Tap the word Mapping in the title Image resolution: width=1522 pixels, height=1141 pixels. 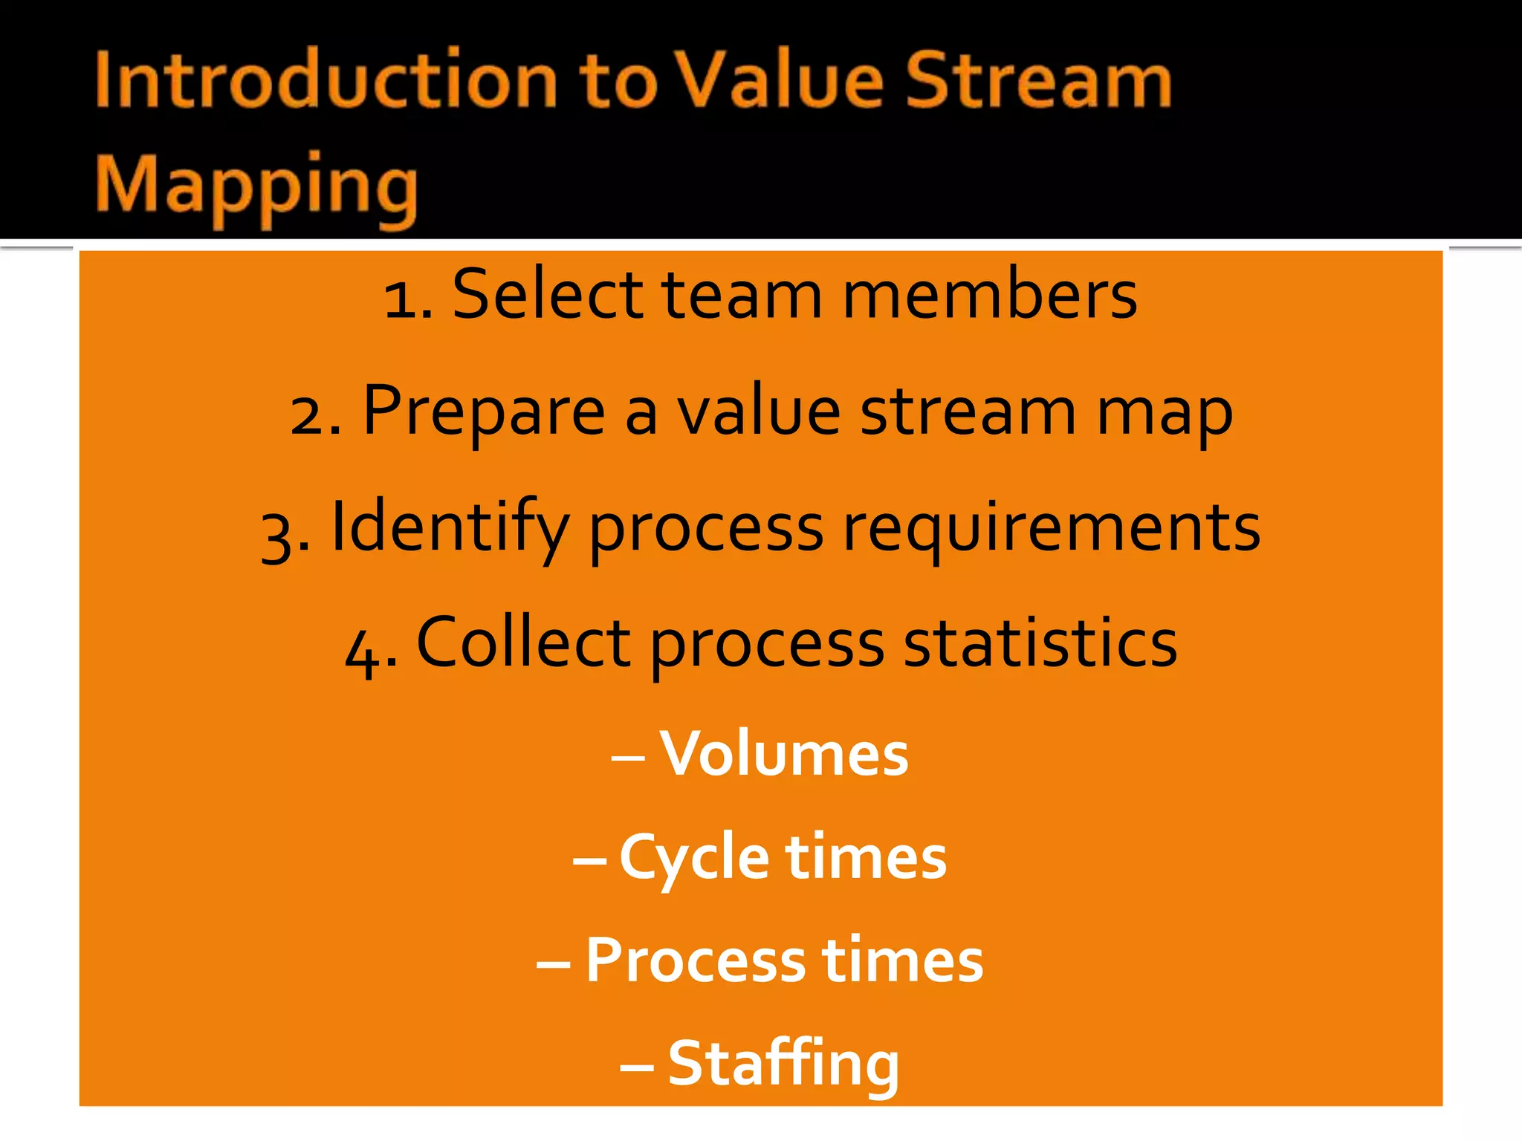pyautogui.click(x=256, y=186)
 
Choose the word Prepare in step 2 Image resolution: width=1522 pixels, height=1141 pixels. pyautogui.click(x=484, y=412)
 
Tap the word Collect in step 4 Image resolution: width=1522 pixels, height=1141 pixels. pyautogui.click(x=523, y=643)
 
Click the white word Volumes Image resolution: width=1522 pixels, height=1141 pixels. pyautogui.click(x=784, y=753)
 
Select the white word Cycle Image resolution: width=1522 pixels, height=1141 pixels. pyautogui.click(x=694, y=858)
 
